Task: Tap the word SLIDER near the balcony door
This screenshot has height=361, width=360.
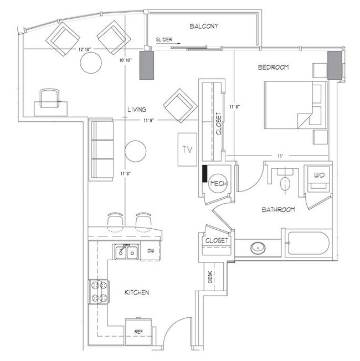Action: (x=164, y=40)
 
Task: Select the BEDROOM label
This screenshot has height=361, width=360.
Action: (x=274, y=68)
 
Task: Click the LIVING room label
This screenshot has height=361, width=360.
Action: (x=136, y=110)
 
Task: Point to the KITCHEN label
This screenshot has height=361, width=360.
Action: (x=136, y=292)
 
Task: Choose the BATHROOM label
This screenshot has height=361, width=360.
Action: (x=278, y=210)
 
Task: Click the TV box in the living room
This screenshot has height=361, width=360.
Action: (x=186, y=149)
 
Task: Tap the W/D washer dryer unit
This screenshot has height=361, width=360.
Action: (x=319, y=177)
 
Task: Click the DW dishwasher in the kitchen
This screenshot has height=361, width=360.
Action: (x=150, y=251)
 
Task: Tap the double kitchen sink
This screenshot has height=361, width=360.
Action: (x=127, y=252)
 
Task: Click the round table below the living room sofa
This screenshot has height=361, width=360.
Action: (x=135, y=151)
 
